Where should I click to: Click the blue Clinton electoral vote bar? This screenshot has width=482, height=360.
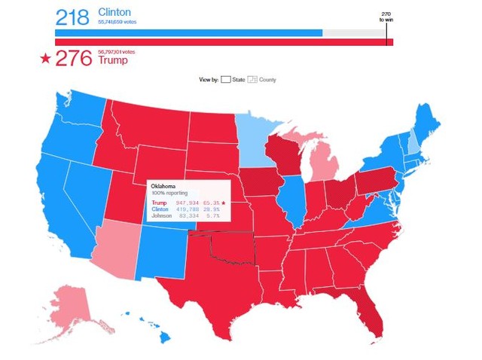click(x=188, y=33)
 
